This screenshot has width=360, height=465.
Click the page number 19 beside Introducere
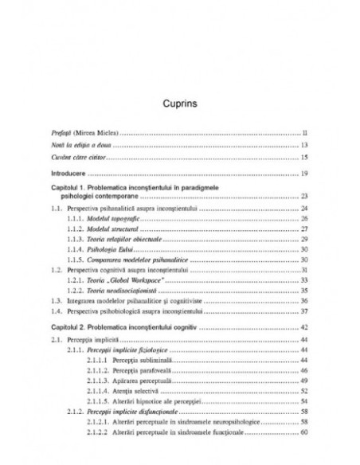point(304,173)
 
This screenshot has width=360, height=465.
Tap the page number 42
point(304,328)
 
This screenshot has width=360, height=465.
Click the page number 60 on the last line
point(304,432)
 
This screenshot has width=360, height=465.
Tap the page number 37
point(304,312)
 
